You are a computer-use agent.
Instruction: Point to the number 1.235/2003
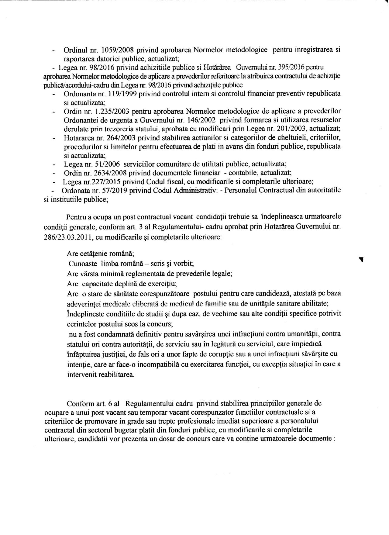(111, 111)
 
